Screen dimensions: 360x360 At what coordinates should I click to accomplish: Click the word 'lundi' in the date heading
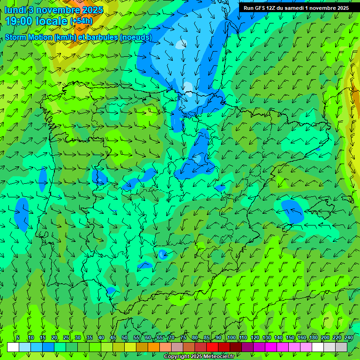click(15, 10)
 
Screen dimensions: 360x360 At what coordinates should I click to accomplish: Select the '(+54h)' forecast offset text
click(81, 21)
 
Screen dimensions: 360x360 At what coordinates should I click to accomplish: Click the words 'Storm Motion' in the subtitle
click(28, 37)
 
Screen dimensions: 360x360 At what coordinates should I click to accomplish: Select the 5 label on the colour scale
click(18, 337)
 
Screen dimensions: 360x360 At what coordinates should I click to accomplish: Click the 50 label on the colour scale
click(125, 337)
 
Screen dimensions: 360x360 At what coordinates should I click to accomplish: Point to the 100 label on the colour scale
click(231, 337)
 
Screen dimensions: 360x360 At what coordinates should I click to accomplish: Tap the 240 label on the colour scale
click(348, 337)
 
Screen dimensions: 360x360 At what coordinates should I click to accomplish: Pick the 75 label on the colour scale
click(183, 337)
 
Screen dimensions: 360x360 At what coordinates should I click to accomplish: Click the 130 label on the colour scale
click(266, 337)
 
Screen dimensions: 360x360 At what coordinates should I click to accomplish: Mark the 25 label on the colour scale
click(66, 337)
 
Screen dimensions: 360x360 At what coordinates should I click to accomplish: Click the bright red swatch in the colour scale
click(212, 347)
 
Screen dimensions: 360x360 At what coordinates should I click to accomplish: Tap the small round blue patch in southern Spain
click(163, 255)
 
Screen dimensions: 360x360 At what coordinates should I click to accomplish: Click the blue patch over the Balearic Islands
click(292, 210)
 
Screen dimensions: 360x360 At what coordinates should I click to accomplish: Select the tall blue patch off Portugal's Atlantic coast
click(22, 211)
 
